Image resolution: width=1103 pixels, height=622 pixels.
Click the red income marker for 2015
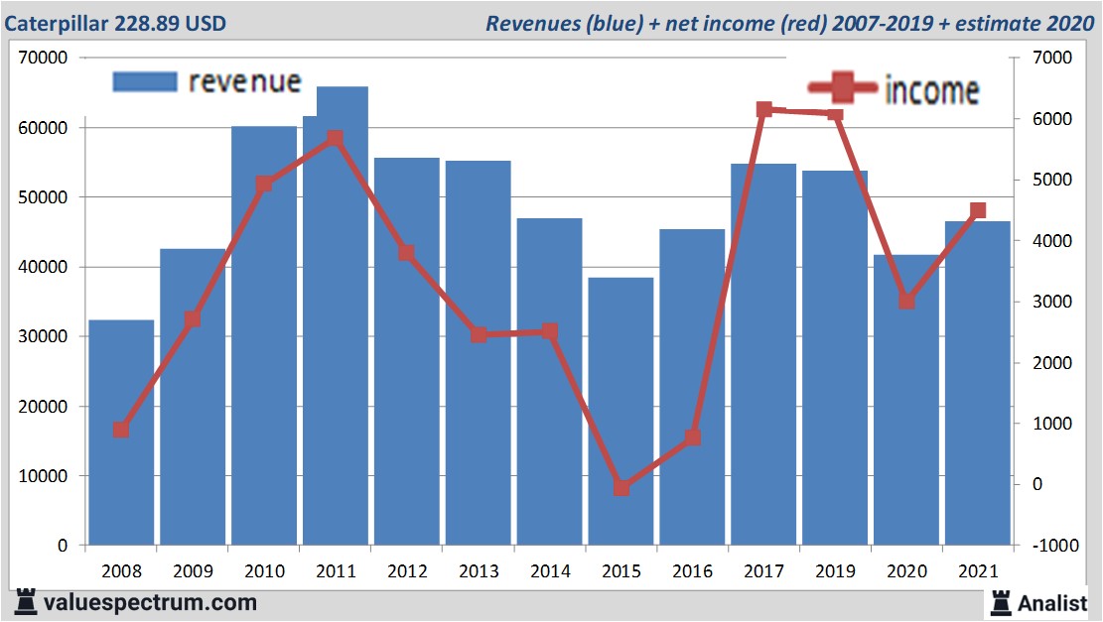pos(621,487)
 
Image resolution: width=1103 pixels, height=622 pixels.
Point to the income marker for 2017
pos(763,110)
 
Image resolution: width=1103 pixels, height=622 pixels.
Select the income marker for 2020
pos(906,301)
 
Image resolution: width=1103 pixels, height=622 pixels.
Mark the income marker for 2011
pos(335,139)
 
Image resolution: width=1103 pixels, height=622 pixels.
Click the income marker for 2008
pos(121,430)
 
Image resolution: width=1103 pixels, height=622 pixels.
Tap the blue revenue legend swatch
pos(145,81)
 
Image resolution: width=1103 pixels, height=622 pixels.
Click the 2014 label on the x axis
pos(550,571)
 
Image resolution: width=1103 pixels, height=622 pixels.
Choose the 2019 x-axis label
pos(835,571)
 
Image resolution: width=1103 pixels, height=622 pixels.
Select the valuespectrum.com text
pos(150,602)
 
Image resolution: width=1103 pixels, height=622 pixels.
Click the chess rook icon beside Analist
pos(1000,601)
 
